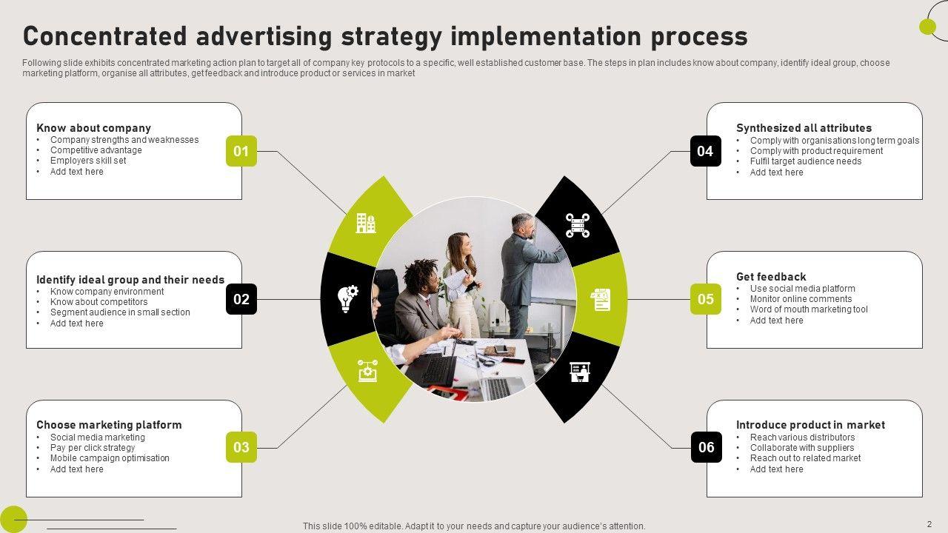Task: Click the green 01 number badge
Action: (241, 151)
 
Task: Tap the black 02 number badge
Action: (241, 299)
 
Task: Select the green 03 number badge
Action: (241, 447)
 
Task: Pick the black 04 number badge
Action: (705, 151)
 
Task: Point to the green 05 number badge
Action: (705, 299)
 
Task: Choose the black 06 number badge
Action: (706, 447)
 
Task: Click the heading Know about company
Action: (93, 128)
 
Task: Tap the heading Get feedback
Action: (771, 277)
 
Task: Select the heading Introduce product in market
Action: (810, 425)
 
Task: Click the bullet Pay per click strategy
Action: (93, 448)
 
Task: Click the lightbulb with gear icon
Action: (347, 298)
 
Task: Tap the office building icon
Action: (366, 223)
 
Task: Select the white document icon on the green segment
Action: (601, 300)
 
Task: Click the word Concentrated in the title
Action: (103, 36)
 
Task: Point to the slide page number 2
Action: (929, 523)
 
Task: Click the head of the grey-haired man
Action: (522, 225)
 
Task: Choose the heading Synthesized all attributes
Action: (804, 128)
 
